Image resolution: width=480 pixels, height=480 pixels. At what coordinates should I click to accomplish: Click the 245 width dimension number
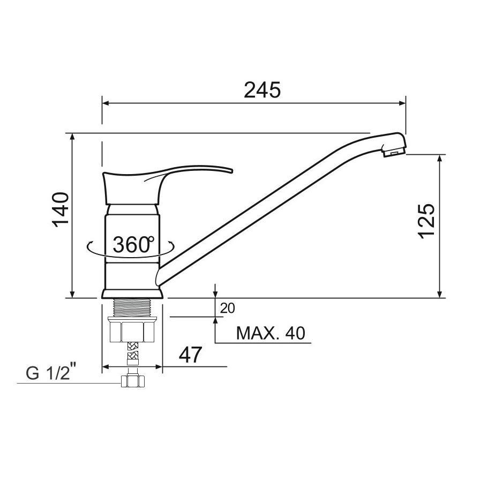(262, 90)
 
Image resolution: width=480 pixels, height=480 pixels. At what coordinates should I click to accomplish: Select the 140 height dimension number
(61, 209)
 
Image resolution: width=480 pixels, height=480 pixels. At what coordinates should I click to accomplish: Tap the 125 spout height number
(426, 220)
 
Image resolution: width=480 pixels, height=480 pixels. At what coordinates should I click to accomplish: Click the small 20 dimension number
(228, 308)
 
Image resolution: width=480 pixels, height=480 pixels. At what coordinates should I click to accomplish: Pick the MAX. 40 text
(271, 333)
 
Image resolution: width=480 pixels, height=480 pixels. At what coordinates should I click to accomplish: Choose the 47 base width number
(190, 355)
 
